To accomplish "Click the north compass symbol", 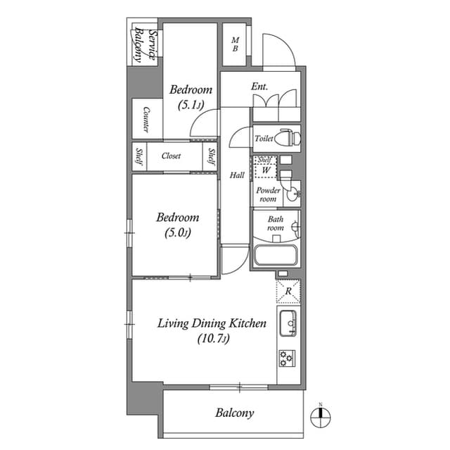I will (321, 415).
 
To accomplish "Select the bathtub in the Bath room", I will (276, 255).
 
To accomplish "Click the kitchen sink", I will (288, 324).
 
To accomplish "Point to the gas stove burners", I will (288, 358).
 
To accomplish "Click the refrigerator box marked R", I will (288, 289).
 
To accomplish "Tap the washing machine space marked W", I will (266, 170).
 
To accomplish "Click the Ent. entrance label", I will (261, 87).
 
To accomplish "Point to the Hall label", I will (237, 175).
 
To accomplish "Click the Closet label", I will (171, 156).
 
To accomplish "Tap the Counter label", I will (146, 119).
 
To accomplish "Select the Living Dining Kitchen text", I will (211, 324).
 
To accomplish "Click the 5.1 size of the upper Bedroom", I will (190, 105).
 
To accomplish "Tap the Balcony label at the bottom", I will (234, 413).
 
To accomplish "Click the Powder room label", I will (268, 194).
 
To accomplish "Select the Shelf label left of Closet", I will (139, 156).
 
